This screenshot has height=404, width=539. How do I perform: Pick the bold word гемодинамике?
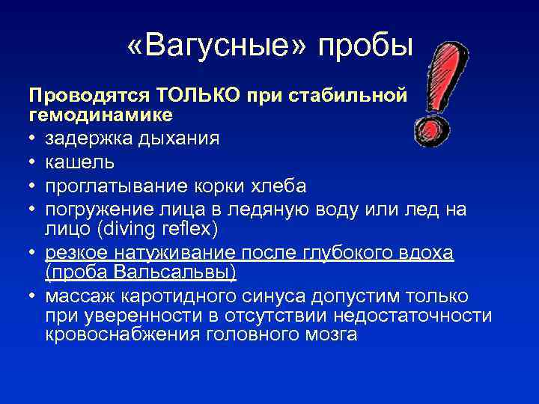(x=100, y=115)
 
